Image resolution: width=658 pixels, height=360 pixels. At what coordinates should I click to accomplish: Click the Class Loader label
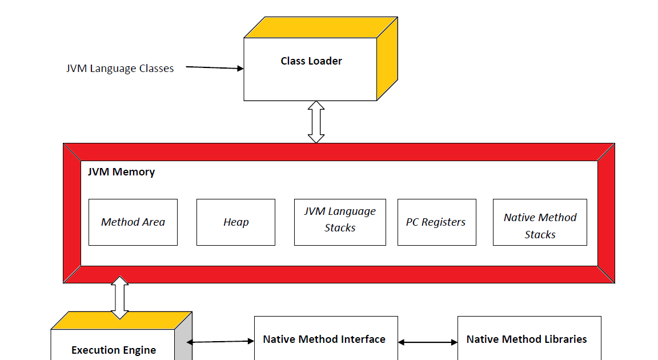tap(311, 61)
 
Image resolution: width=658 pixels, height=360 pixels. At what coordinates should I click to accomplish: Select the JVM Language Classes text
tap(120, 69)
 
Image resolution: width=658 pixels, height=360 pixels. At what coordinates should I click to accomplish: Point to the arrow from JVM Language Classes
tap(214, 67)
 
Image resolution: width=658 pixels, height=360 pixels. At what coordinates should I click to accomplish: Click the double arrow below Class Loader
tap(316, 122)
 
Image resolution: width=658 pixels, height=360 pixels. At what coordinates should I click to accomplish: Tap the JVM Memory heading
tap(121, 172)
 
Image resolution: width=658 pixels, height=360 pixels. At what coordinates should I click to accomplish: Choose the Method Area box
tap(133, 222)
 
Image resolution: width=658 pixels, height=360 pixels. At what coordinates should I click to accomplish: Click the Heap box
tap(236, 222)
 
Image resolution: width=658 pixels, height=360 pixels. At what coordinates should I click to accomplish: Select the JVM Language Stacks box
tap(340, 222)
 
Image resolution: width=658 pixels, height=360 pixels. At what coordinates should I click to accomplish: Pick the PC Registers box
tap(436, 222)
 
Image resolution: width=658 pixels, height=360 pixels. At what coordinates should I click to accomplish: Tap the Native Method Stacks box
tap(540, 226)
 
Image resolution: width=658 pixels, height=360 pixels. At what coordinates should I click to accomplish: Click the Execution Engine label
tap(114, 350)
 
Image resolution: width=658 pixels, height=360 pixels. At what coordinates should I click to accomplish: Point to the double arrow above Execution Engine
tap(120, 297)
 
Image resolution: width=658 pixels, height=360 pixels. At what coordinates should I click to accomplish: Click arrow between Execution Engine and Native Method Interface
tap(220, 342)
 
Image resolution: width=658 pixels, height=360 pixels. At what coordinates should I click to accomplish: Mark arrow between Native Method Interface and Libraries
tap(428, 342)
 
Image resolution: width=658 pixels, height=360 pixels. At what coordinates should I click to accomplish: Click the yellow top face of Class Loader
tap(320, 27)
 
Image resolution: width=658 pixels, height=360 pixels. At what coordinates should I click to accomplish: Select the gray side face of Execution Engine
tap(183, 343)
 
